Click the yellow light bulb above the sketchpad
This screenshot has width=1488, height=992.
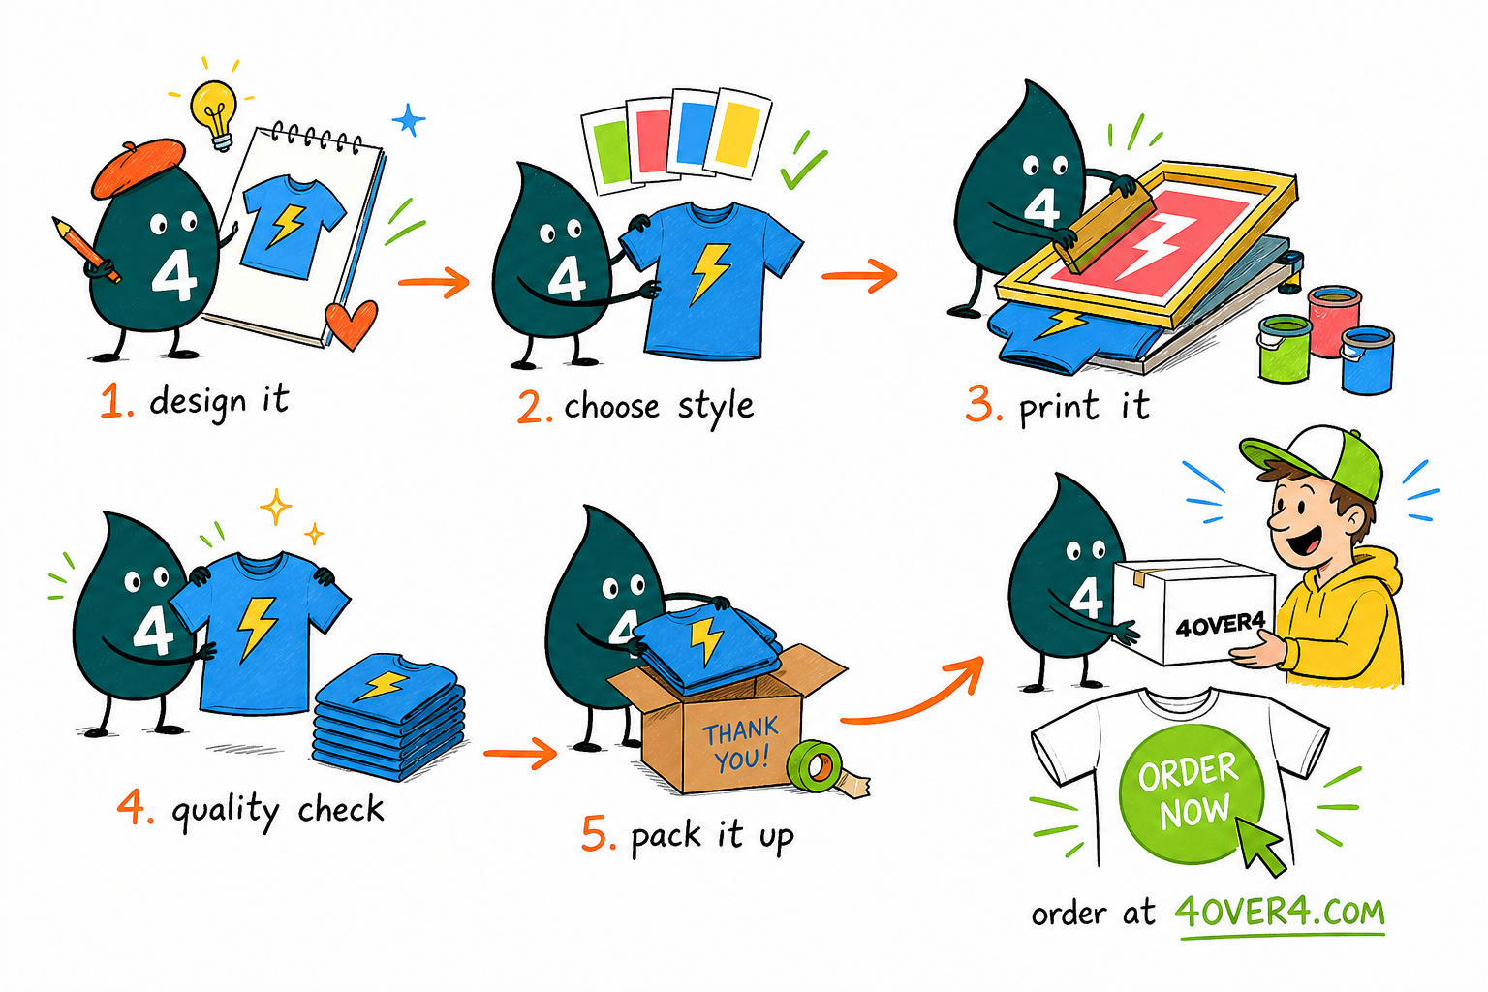[214, 114]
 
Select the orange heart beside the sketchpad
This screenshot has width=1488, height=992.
[351, 323]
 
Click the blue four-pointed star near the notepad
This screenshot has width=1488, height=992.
[409, 120]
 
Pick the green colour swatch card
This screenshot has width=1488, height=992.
[606, 151]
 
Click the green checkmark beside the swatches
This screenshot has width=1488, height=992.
[803, 163]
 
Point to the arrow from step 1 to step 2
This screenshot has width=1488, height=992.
[434, 282]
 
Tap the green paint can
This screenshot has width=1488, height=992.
[1285, 349]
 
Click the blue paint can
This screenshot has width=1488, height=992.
[1367, 360]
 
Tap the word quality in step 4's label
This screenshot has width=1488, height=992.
[226, 811]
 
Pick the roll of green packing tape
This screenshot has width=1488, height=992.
[815, 766]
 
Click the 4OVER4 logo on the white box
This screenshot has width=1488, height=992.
[1221, 625]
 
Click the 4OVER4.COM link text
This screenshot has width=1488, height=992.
[1280, 913]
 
